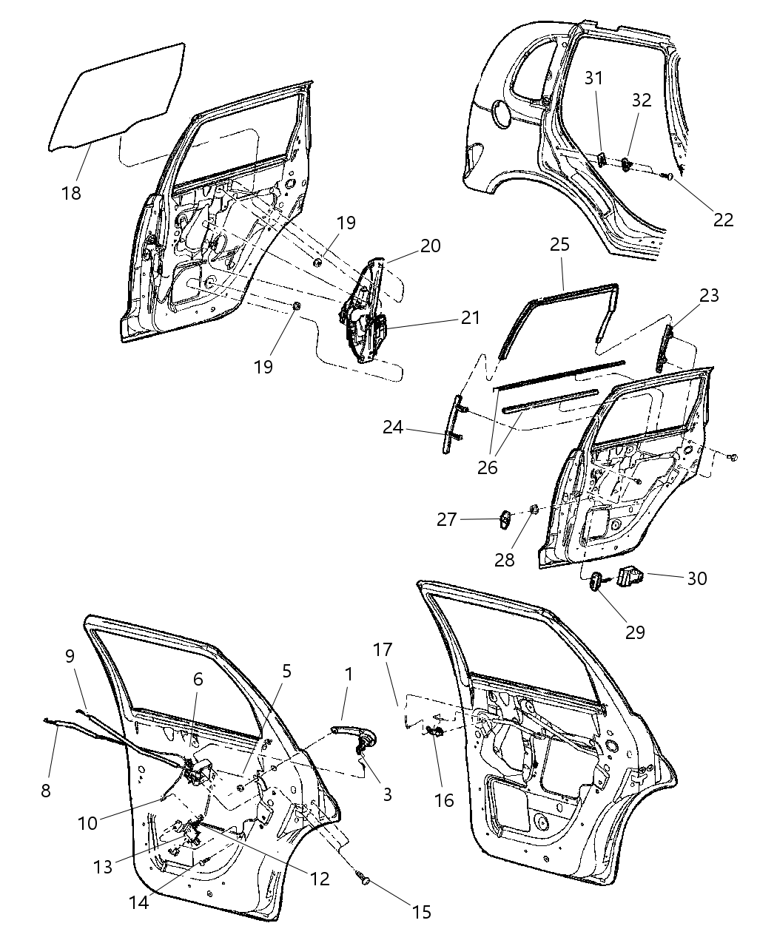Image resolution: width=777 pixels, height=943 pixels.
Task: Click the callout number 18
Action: [x=71, y=193]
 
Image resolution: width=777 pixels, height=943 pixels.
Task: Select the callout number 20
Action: [x=431, y=246]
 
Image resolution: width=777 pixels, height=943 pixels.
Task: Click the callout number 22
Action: [x=723, y=219]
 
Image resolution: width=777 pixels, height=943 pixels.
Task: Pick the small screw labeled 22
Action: [x=667, y=177]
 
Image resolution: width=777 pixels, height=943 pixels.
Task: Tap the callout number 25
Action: [x=559, y=245]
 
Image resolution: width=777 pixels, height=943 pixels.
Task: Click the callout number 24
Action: [x=394, y=427]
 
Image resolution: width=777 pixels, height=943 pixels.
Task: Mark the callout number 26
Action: [x=488, y=467]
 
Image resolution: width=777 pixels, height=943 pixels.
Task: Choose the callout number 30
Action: [x=697, y=578]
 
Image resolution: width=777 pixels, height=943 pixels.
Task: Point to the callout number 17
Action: [x=383, y=649]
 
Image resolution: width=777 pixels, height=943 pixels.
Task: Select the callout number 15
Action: [x=420, y=912]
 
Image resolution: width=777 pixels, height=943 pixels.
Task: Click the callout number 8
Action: [x=46, y=790]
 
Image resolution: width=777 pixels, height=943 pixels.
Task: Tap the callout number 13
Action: [x=103, y=865]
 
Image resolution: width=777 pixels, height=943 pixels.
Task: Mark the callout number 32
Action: [x=642, y=100]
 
